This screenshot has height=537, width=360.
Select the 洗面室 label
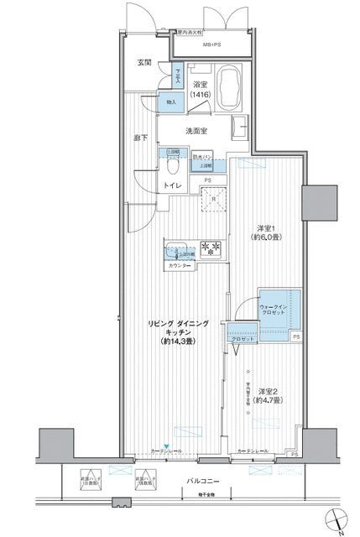tap(200, 130)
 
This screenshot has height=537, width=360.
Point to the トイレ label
tap(172, 185)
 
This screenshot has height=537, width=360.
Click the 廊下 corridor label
tap(140, 137)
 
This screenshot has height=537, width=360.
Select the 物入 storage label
tap(171, 102)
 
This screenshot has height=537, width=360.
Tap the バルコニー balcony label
tap(202, 482)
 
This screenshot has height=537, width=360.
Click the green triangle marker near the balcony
tap(166, 446)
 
